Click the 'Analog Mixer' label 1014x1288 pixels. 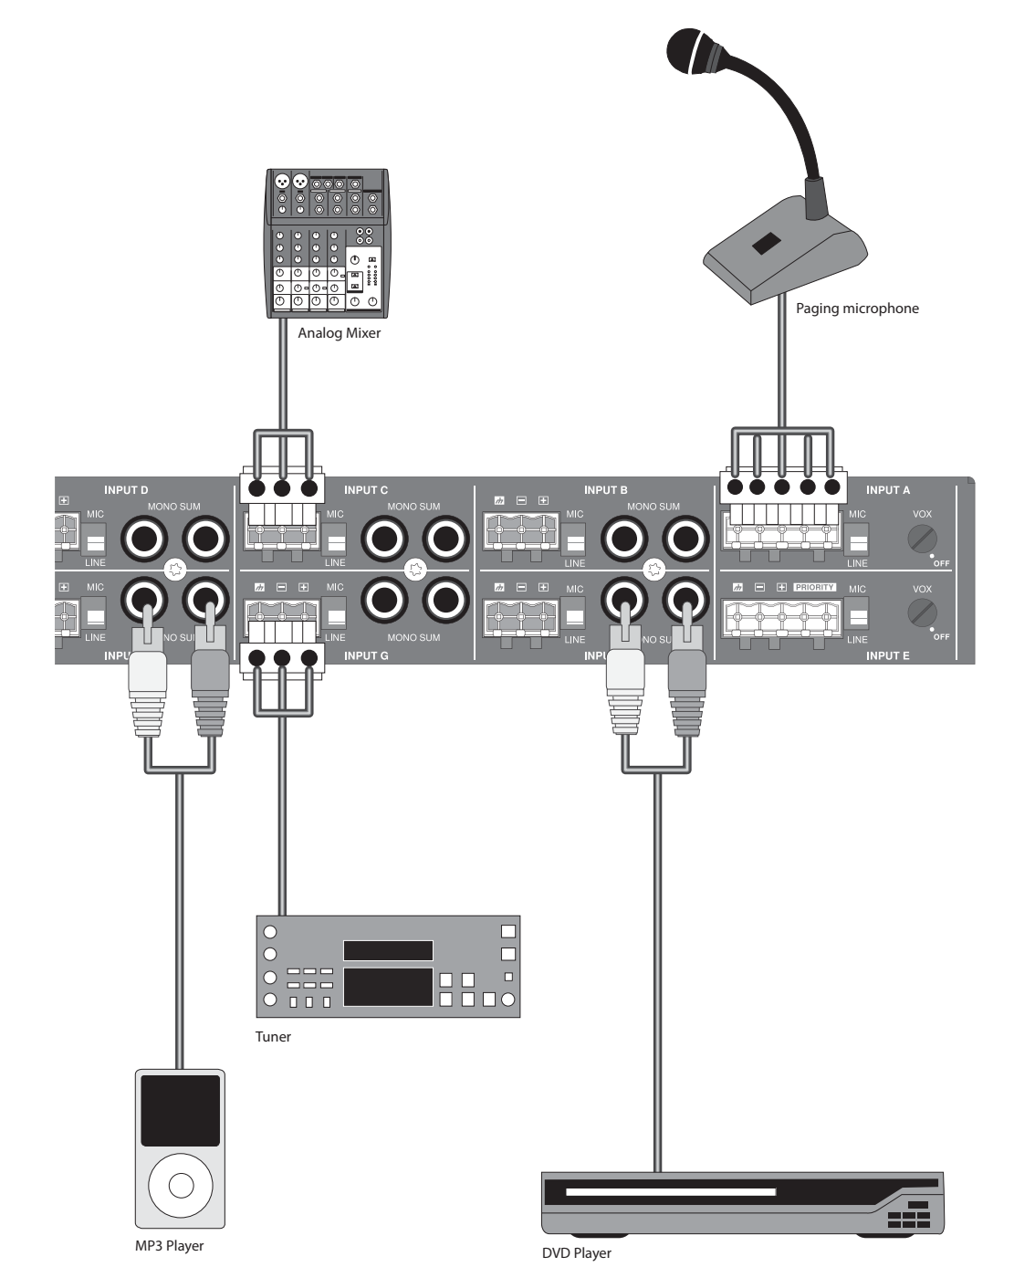pos(339,334)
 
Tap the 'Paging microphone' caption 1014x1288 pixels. pos(857,309)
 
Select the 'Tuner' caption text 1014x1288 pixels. pos(273,1037)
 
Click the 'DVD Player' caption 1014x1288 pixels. pos(577,1253)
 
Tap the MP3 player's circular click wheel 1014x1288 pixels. pos(181,1184)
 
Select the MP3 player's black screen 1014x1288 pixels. pos(181,1110)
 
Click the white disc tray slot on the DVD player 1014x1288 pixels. pos(670,1192)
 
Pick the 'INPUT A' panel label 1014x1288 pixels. pos(888,490)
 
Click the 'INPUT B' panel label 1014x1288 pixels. pos(606,490)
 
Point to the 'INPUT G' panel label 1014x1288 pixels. pos(367,656)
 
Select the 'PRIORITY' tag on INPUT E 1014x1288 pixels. pos(815,587)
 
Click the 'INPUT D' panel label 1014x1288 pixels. pos(126,490)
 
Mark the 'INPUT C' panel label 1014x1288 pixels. pos(367,490)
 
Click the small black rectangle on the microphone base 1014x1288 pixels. pos(765,244)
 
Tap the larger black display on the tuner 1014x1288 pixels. pos(388,987)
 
